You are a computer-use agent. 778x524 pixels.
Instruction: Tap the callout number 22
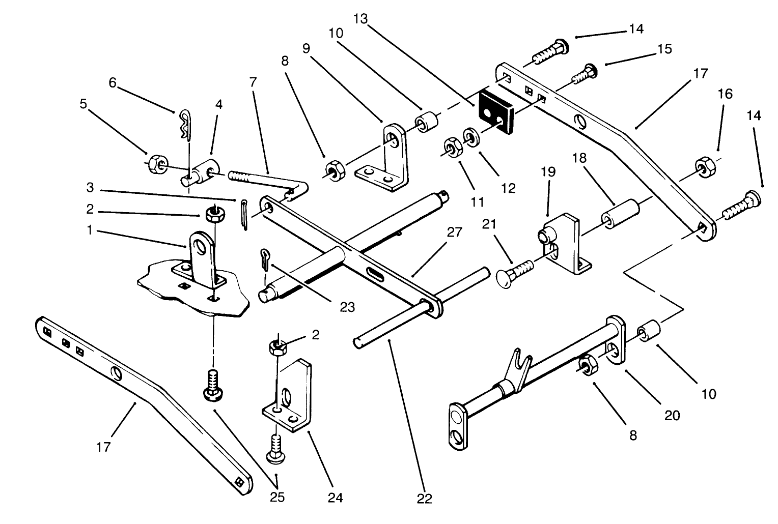(424, 499)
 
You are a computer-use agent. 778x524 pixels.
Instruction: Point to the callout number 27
(454, 232)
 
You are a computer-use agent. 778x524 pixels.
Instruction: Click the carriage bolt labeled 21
(514, 270)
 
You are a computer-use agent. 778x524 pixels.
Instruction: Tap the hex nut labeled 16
(703, 166)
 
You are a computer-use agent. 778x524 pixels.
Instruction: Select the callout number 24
(335, 497)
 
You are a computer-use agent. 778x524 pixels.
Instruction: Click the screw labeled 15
(585, 74)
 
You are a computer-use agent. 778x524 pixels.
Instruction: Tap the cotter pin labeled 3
(244, 215)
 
